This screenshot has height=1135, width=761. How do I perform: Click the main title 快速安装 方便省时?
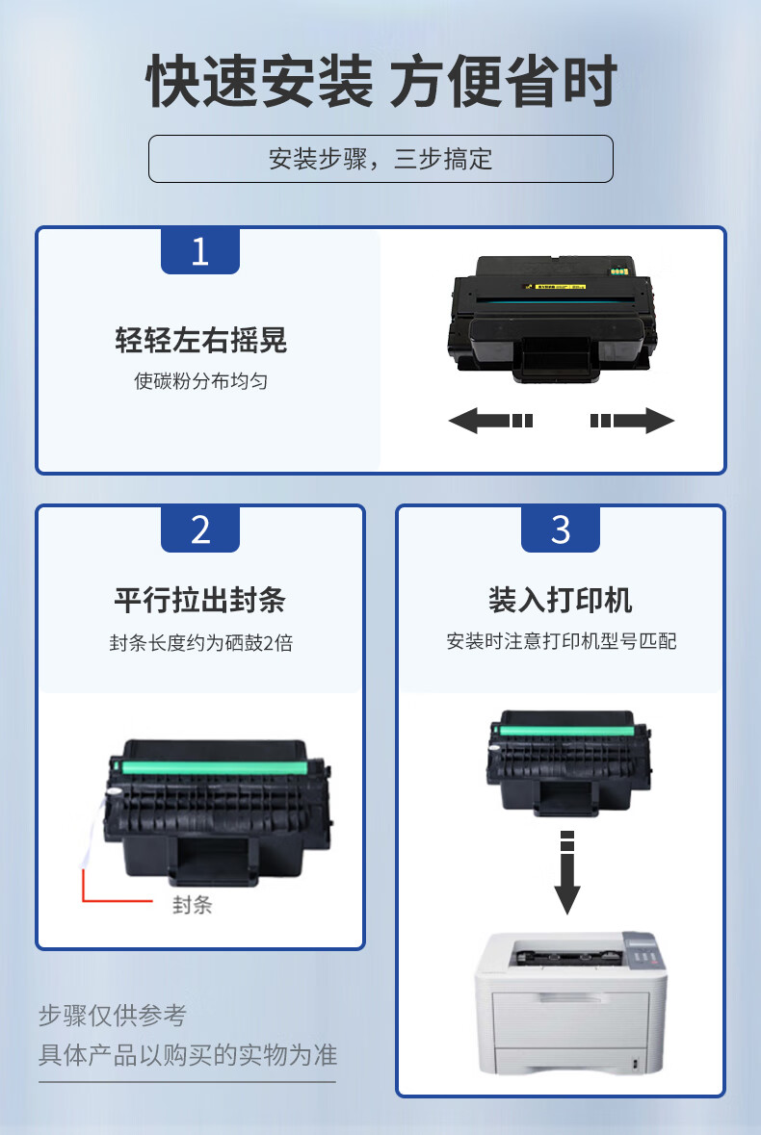point(380,81)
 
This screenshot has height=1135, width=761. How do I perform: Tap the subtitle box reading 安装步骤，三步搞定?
point(380,159)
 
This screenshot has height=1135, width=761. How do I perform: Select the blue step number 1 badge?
point(199,251)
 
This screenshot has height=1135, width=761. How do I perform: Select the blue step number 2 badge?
point(199,529)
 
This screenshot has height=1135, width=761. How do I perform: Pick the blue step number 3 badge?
point(561,529)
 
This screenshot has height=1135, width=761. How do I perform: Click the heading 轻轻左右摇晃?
point(200,340)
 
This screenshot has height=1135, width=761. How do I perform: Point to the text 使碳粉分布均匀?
point(200,381)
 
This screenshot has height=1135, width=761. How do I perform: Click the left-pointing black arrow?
point(491,421)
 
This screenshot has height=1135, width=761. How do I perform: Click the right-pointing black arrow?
point(632,421)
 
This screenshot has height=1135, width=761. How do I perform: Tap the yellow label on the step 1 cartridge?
point(555,287)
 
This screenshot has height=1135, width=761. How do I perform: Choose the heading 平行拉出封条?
point(199,600)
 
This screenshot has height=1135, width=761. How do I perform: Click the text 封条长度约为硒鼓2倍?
point(200,643)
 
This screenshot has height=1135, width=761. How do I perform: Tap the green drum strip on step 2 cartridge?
point(215,766)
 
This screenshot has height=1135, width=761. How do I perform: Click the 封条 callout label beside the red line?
point(192,905)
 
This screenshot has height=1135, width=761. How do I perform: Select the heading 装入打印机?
point(561,600)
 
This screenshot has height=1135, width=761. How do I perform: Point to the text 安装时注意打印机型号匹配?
point(562,641)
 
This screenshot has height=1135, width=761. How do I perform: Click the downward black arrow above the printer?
point(567,872)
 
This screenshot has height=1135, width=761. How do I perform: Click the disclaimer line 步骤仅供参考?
point(113,1016)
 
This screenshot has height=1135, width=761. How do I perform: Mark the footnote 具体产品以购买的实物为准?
point(188,1055)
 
